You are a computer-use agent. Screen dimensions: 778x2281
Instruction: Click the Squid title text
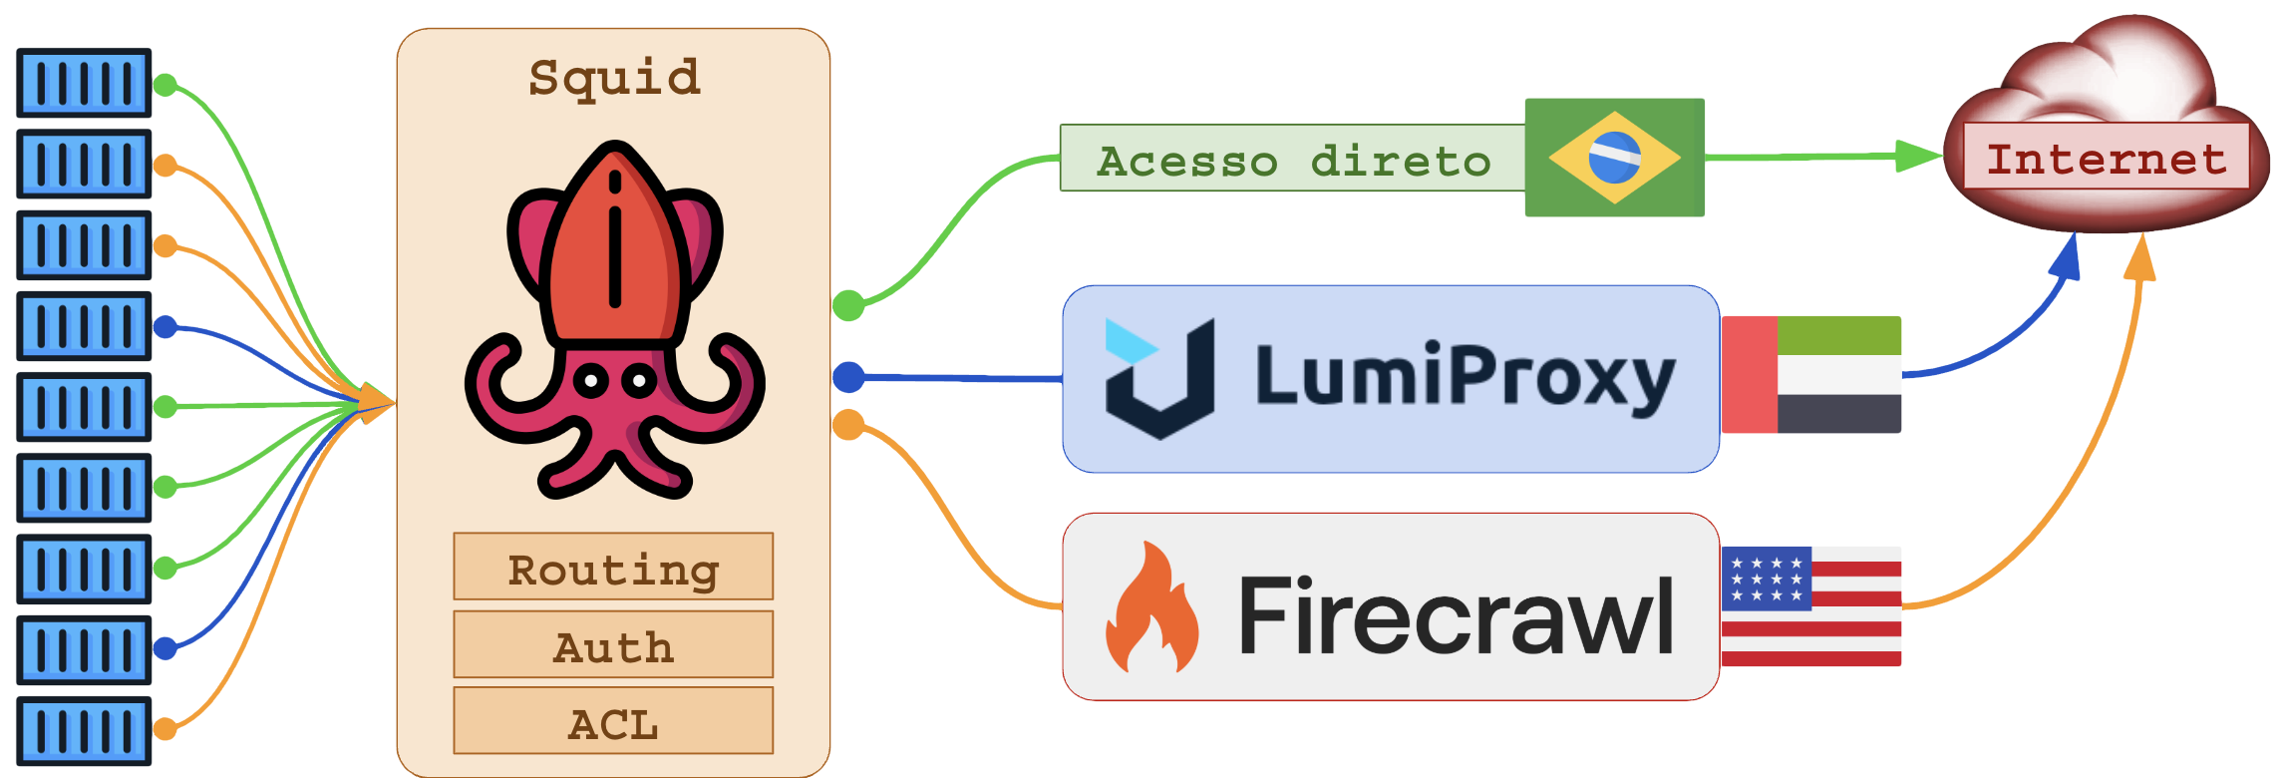[x=614, y=78]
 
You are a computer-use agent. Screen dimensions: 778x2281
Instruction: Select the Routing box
[x=613, y=567]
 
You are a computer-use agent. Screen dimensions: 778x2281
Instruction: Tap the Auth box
[x=613, y=644]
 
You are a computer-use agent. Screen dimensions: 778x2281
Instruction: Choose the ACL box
[x=613, y=721]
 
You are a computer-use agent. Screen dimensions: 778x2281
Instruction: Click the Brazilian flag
[x=1614, y=158]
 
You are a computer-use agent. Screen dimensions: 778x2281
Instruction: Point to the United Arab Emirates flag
[x=1811, y=375]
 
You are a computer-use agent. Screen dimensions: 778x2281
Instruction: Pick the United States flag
[x=1811, y=606]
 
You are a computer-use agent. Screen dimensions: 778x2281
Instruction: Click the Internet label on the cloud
[x=2106, y=157]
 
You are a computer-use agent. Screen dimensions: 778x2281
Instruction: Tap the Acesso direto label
[x=1292, y=160]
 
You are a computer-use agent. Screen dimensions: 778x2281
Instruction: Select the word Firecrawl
[x=1456, y=615]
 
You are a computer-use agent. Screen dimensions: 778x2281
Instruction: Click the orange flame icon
[x=1152, y=608]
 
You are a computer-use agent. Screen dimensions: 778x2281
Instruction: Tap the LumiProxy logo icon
[x=1159, y=379]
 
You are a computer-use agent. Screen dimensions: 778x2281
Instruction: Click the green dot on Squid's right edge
[x=848, y=305]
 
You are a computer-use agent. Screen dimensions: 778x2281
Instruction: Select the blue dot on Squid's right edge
[x=848, y=377]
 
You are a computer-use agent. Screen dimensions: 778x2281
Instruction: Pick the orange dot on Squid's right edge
[x=848, y=425]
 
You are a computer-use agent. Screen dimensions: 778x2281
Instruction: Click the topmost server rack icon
[x=84, y=83]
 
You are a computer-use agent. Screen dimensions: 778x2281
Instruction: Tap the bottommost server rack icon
[x=84, y=731]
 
